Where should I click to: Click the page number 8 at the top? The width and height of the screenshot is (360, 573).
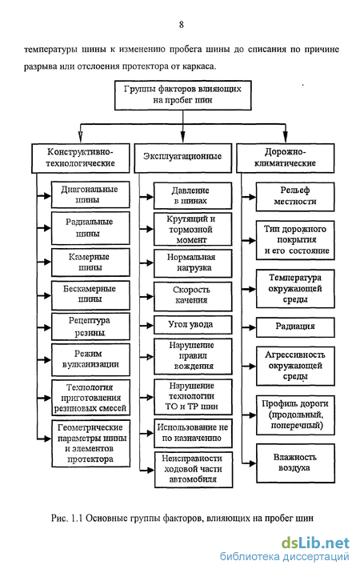pos(182,25)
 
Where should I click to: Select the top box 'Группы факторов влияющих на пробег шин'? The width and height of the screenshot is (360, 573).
pos(182,95)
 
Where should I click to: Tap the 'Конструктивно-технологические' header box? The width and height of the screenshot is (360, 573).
pos(81,158)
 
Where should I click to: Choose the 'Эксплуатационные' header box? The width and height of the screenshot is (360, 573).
pos(182,158)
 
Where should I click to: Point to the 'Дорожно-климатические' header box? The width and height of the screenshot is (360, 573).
pos(285,158)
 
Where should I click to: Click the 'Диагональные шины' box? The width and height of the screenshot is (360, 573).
pos(90,194)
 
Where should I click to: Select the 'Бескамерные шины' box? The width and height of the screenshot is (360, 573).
pos(90,295)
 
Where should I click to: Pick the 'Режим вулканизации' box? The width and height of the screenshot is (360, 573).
pos(90,359)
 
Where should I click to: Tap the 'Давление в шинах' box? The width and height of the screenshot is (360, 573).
pos(193,196)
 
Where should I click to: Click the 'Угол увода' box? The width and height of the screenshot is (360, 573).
pos(193,325)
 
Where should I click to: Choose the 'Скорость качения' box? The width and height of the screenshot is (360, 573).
pos(193,296)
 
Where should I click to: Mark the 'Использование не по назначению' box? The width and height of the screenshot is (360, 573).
pos(193,433)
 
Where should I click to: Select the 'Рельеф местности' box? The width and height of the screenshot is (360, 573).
pos(295,197)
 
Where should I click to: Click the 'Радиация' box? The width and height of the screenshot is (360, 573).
pos(295,327)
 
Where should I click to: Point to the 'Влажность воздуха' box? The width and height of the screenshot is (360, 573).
pos(295,463)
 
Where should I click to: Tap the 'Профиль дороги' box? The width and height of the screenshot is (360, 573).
pos(295,415)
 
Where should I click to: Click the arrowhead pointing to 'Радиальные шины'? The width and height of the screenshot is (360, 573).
pos(46,228)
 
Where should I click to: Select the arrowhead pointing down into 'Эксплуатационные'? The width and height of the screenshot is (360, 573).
pos(182,137)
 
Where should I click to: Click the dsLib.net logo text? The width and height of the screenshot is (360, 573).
pos(315,543)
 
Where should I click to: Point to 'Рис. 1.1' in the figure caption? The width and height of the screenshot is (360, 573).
pos(68,518)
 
